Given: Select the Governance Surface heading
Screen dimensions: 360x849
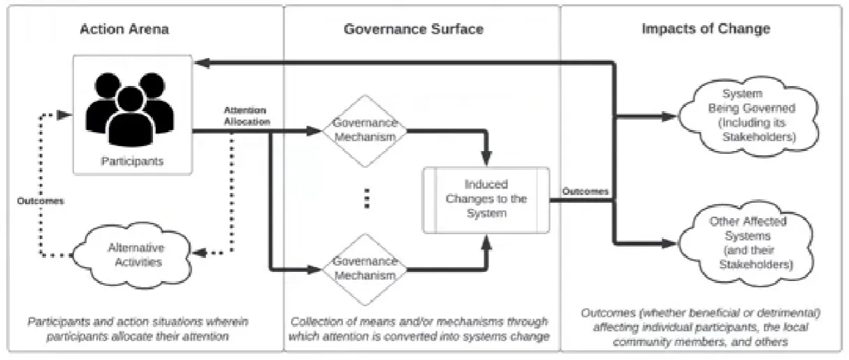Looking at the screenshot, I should pos(413,29).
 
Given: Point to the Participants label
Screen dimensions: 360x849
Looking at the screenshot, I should pos(132,161).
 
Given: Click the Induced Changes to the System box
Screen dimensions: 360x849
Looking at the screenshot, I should pos(486,199).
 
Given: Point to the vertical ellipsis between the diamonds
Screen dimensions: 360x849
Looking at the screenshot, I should pos(366,199).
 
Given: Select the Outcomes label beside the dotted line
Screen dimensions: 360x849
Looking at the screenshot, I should pos(41,201).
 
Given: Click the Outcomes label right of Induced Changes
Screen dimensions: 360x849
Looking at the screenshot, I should pos(579,190).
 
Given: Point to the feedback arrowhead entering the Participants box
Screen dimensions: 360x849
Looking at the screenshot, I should pos(201,64).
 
